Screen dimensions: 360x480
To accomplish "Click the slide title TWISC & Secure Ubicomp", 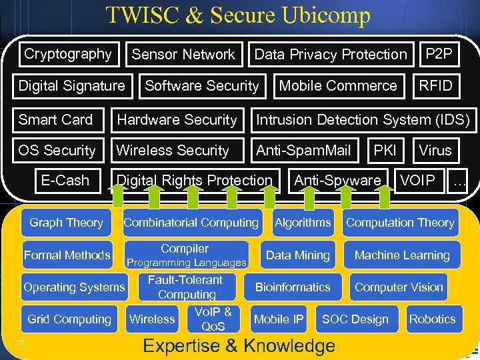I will coord(238,15).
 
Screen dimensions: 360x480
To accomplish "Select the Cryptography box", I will coord(67,54).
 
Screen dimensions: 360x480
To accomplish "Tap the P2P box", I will coord(438,54).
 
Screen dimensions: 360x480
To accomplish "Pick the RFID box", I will coord(435,85).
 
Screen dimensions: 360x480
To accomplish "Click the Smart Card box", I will coord(55,120).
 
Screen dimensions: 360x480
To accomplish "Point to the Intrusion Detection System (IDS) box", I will coord(363,120).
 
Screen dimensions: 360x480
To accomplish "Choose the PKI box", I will coord(385,151).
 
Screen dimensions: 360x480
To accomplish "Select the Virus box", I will coord(435,151).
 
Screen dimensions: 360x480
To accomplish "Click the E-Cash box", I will coord(65,181).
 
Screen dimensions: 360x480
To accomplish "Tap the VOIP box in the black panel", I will coord(417,181).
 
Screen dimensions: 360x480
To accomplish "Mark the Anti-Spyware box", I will coord(338,181).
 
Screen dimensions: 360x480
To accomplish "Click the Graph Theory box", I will coord(66,223).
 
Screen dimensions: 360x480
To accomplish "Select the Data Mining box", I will coord(298,255).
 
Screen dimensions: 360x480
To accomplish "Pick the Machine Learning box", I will coord(402,255).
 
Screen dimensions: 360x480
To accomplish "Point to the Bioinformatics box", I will coord(293,287).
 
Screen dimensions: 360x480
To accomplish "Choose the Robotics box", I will coord(432,319).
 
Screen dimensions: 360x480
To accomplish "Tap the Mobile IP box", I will coord(279,319).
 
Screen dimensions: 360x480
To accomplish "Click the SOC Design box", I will coord(355,319).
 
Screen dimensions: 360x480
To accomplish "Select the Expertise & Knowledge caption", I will coord(239,346).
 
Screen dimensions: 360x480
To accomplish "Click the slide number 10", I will coord(21,343).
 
